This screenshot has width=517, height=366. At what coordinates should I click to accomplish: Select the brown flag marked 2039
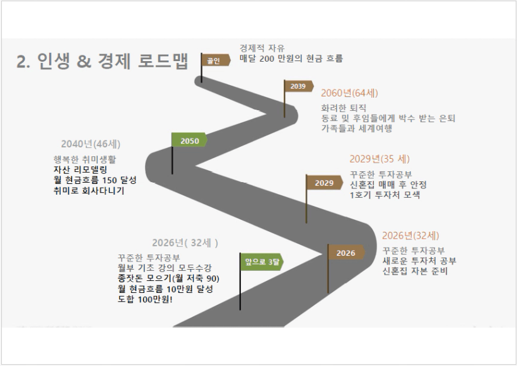point(298,86)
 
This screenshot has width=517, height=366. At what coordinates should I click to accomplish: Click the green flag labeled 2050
point(189,141)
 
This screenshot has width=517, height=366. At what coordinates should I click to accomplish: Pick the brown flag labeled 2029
point(324,183)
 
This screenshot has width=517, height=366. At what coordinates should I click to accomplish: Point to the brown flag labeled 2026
point(346,253)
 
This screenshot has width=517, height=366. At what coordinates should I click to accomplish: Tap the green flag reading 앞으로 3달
point(260,261)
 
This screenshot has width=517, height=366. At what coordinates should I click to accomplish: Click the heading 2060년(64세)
point(349,93)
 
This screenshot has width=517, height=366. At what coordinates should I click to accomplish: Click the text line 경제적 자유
point(262,48)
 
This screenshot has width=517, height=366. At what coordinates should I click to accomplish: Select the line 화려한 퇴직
point(344,107)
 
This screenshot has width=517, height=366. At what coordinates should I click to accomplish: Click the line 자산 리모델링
point(82,169)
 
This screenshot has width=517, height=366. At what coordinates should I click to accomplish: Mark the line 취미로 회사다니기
point(89,190)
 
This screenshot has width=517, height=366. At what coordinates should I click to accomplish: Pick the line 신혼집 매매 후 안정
point(388,185)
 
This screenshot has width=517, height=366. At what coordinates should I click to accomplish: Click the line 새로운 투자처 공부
point(419,261)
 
